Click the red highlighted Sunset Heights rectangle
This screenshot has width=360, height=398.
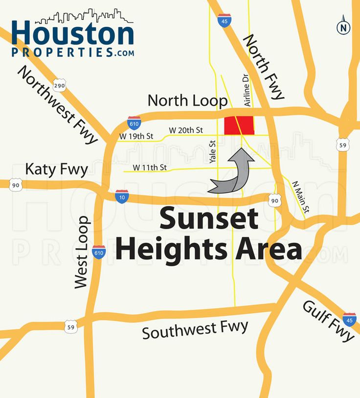click(239, 125)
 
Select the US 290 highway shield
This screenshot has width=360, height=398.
click(59, 86)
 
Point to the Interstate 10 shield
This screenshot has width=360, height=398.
click(122, 196)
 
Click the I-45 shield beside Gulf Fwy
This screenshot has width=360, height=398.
click(349, 319)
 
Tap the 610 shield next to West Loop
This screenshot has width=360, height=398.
click(99, 252)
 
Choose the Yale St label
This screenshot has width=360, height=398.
click(212, 151)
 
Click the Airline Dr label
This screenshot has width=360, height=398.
click(247, 91)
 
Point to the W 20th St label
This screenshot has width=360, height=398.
click(186, 130)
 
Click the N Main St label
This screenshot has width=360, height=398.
click(300, 198)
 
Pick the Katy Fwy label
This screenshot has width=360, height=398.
click(56, 170)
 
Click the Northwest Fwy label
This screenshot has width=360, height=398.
click(57, 104)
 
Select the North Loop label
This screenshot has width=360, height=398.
click(188, 100)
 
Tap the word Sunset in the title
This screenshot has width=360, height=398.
click(209, 219)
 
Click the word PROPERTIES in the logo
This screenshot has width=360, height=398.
click(64, 52)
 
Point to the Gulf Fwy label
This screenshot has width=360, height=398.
click(327, 321)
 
